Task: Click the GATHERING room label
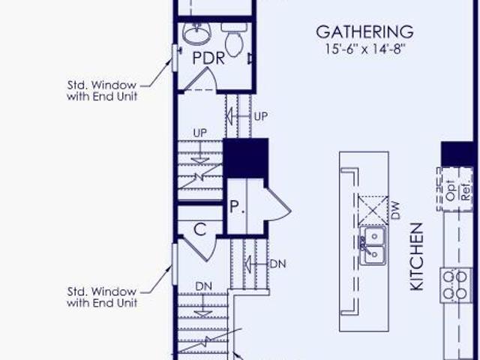[x=364, y=32]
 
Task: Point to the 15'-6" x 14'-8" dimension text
[x=365, y=49]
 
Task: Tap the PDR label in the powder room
[x=208, y=58]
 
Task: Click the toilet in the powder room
[x=234, y=39]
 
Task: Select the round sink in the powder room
[x=196, y=34]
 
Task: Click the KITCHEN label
[x=417, y=256]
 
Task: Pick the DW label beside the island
[x=395, y=210]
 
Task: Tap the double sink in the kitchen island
[x=373, y=245]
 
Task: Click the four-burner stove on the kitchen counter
[x=455, y=285]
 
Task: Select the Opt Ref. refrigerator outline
[x=454, y=189]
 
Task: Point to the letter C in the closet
[x=200, y=229]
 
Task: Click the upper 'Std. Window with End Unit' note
[x=102, y=91]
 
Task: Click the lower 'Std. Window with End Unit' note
[x=102, y=297]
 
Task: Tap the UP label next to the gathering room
[x=261, y=116]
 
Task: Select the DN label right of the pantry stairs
[x=278, y=264]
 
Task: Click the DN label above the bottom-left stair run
[x=203, y=286]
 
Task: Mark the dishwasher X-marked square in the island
[x=373, y=211]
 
